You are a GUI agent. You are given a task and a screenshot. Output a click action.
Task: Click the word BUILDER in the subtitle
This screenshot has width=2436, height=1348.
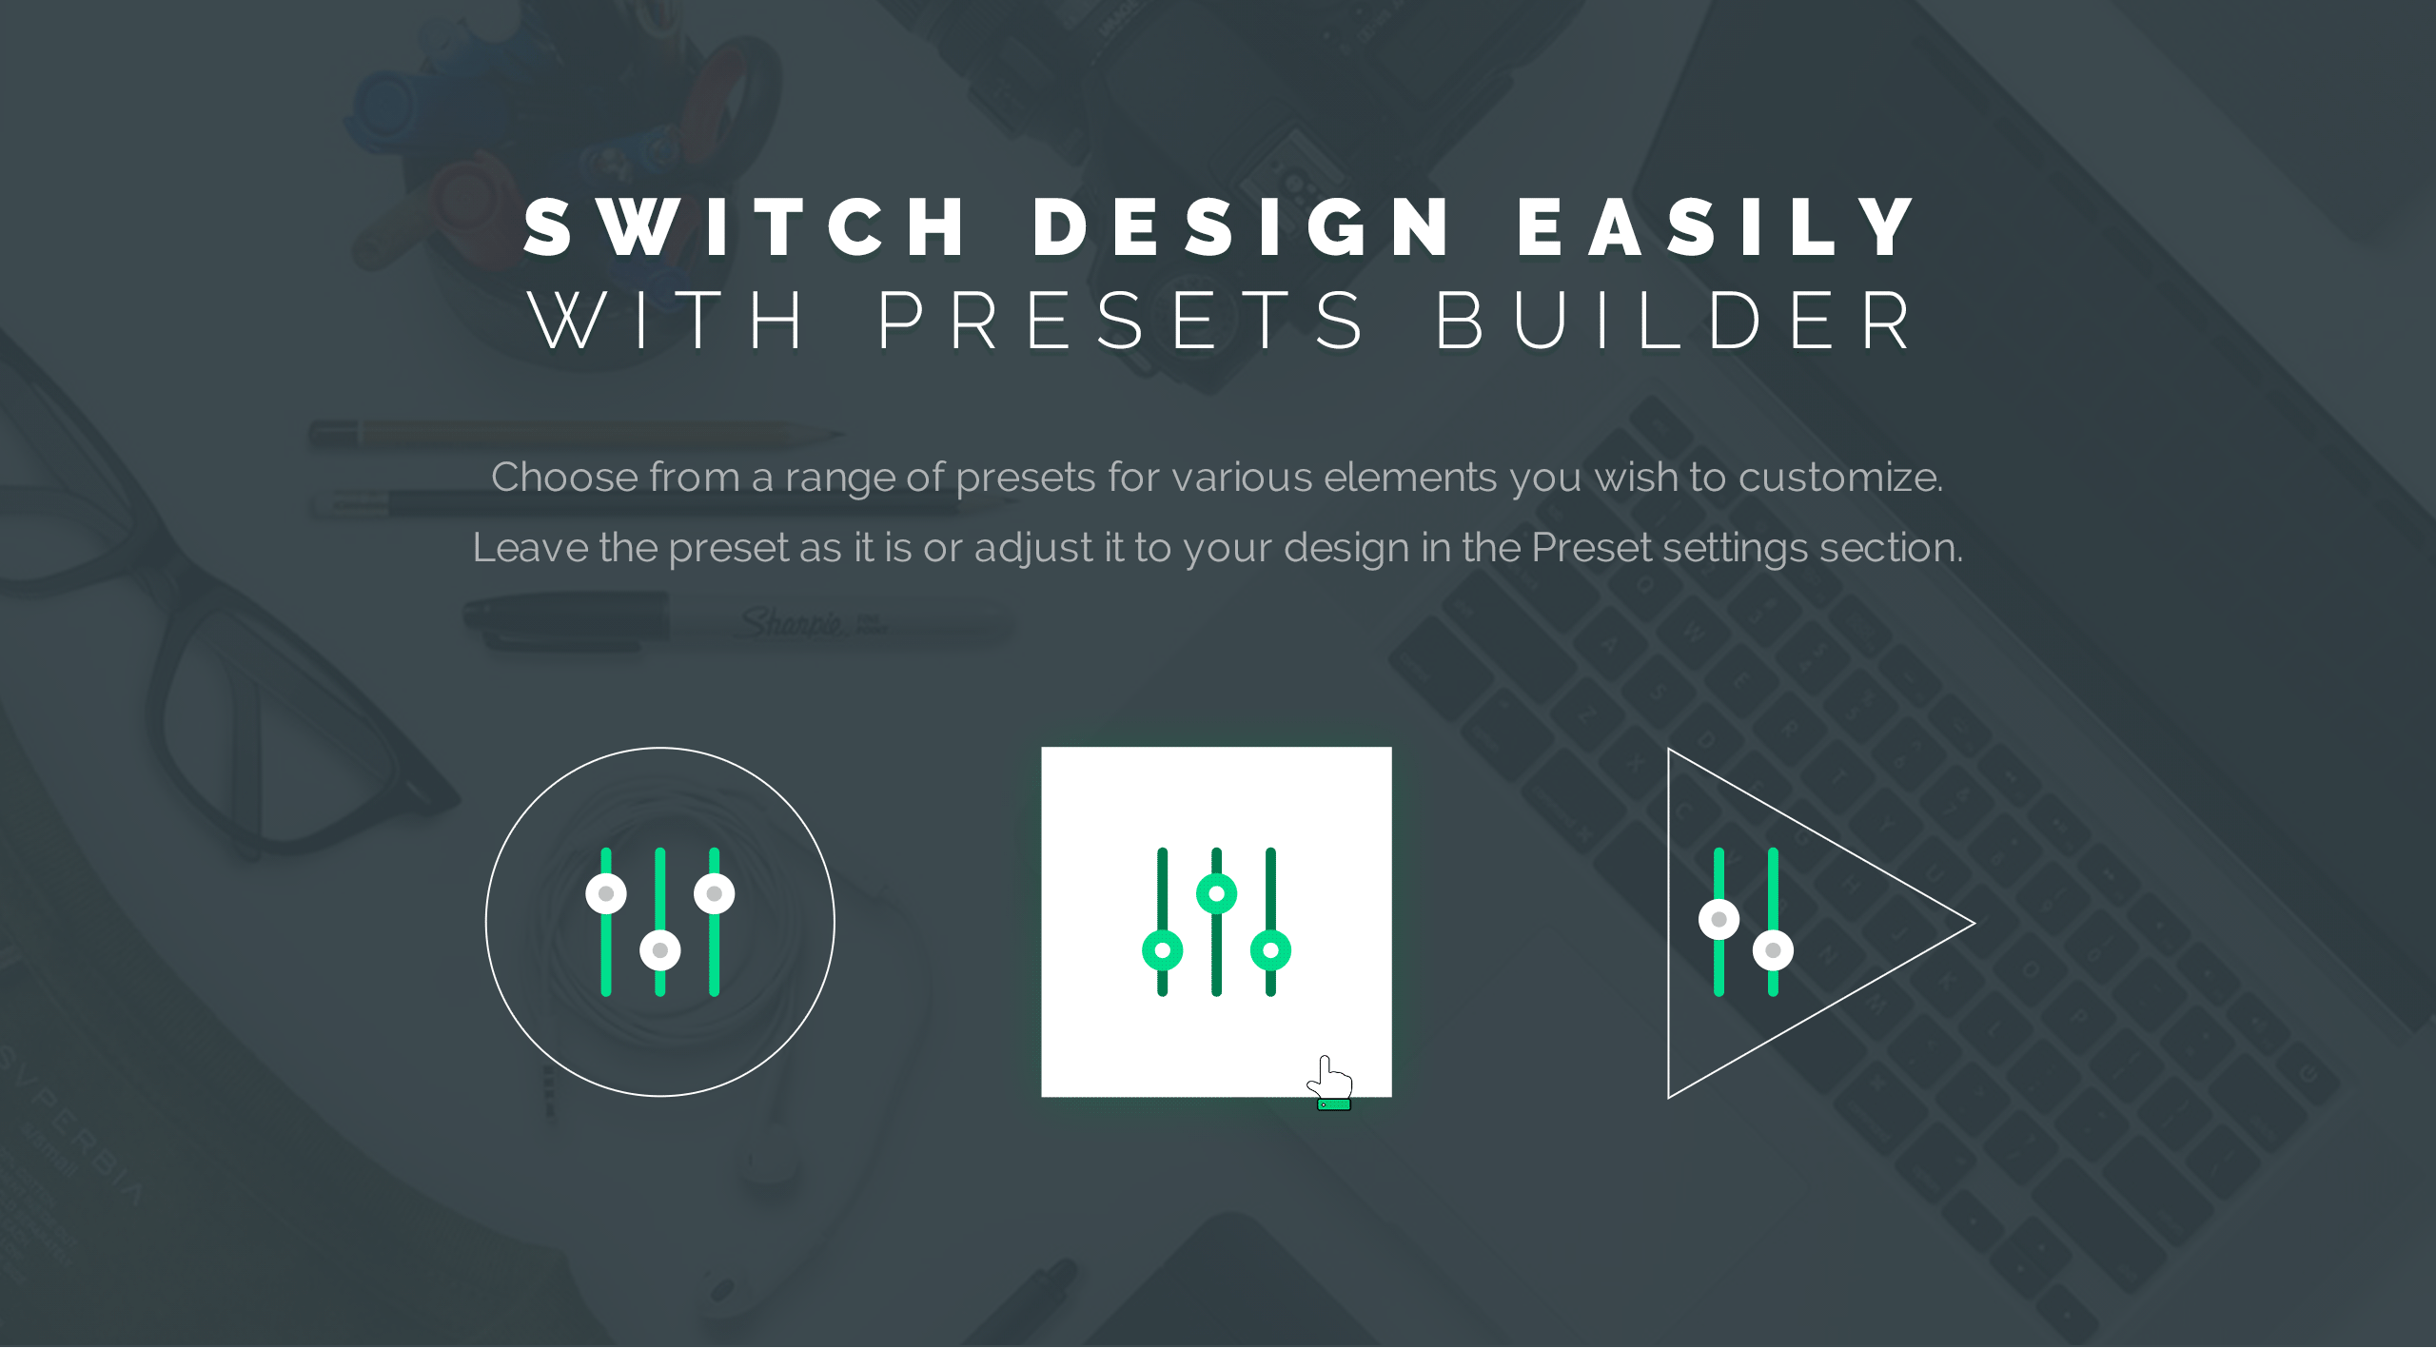pos(1673,321)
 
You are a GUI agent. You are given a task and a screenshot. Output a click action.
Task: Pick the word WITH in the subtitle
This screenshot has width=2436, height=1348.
pos(667,321)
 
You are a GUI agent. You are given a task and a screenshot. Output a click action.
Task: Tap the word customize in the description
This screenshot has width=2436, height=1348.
pos(1840,477)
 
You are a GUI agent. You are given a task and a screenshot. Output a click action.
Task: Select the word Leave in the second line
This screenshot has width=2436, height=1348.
pos(530,548)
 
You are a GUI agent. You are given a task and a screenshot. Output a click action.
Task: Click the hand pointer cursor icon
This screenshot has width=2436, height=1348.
pos(1330,1082)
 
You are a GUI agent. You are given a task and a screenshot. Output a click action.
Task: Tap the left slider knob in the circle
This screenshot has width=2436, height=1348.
pos(606,894)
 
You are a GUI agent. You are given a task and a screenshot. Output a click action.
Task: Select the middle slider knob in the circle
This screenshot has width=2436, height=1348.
pos(660,950)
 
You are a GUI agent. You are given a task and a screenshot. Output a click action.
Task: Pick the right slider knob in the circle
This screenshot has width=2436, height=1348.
pos(715,894)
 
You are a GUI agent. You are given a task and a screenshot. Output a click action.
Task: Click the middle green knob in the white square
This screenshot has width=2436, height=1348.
pos(1217,894)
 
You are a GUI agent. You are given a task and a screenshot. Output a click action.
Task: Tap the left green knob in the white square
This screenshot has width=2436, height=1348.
pos(1163,950)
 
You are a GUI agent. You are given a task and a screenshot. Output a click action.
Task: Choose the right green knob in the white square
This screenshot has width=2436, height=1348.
pos(1271,950)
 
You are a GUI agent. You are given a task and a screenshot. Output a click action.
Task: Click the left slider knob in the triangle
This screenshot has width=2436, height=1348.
pos(1719,920)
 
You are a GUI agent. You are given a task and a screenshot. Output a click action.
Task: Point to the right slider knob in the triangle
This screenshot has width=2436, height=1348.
pos(1774,950)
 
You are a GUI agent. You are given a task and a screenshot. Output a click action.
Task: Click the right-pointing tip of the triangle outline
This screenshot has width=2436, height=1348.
pos(1974,923)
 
